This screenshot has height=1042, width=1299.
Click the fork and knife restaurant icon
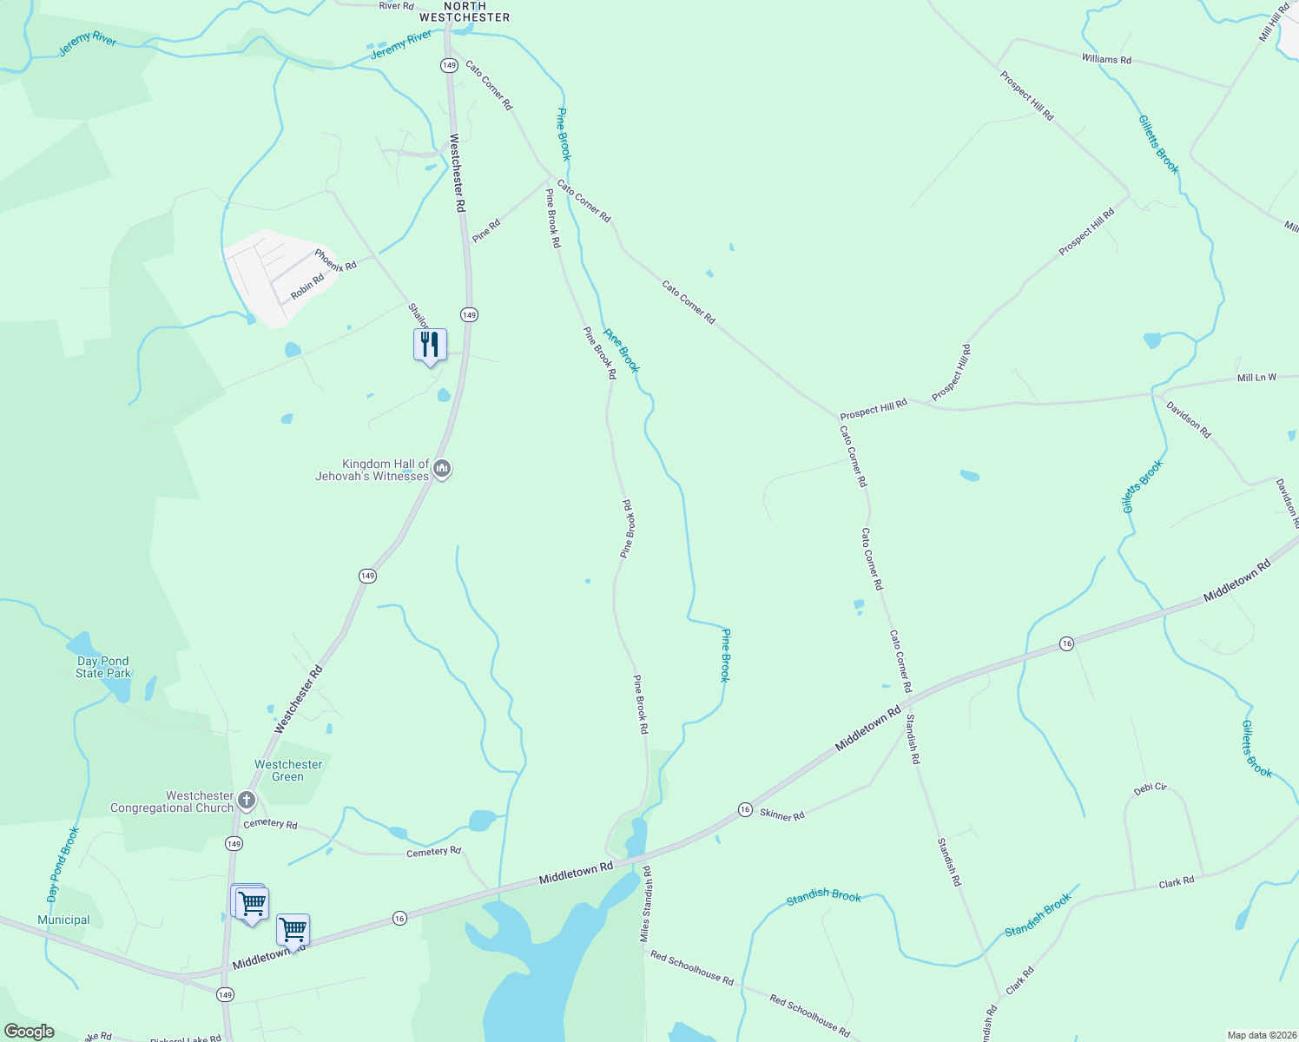(x=430, y=345)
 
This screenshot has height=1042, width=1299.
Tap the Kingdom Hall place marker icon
(x=442, y=470)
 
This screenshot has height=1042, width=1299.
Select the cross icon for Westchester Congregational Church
(x=247, y=801)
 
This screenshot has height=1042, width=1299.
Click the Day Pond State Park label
(x=102, y=667)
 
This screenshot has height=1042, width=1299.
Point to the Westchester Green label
(x=288, y=770)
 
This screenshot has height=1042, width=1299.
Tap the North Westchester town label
(x=465, y=11)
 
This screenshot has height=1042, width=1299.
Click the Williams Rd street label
(x=1106, y=59)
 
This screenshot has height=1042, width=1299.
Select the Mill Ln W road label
(x=1256, y=378)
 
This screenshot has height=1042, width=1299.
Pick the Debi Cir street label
(x=1151, y=788)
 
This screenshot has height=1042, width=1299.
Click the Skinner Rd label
(x=781, y=814)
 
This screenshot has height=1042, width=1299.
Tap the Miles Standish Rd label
(x=646, y=903)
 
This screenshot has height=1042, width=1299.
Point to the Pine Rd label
(x=486, y=231)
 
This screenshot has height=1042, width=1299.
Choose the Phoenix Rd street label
(x=335, y=260)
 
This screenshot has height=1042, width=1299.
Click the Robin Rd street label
(x=307, y=286)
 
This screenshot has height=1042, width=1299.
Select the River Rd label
(x=396, y=6)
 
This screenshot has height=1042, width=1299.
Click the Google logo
(x=29, y=1032)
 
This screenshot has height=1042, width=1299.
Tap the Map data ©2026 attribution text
(x=1260, y=1035)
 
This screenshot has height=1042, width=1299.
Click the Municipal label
(x=63, y=920)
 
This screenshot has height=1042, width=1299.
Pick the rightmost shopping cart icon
(x=293, y=929)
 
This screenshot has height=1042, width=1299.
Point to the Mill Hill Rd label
(x=1275, y=23)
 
